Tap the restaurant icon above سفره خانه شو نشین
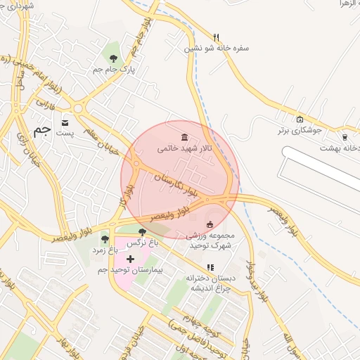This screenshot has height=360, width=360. [x=217, y=37]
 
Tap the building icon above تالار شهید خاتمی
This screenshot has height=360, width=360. [x=184, y=136]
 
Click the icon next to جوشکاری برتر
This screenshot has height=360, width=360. [x=300, y=119]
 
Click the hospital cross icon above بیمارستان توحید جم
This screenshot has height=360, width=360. [x=130, y=259]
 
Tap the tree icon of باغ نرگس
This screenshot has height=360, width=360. [x=142, y=232]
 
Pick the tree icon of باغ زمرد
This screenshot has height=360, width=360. [x=105, y=239]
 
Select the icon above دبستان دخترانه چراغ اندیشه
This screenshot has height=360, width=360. [x=210, y=268]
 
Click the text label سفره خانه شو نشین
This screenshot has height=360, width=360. [x=217, y=49]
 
